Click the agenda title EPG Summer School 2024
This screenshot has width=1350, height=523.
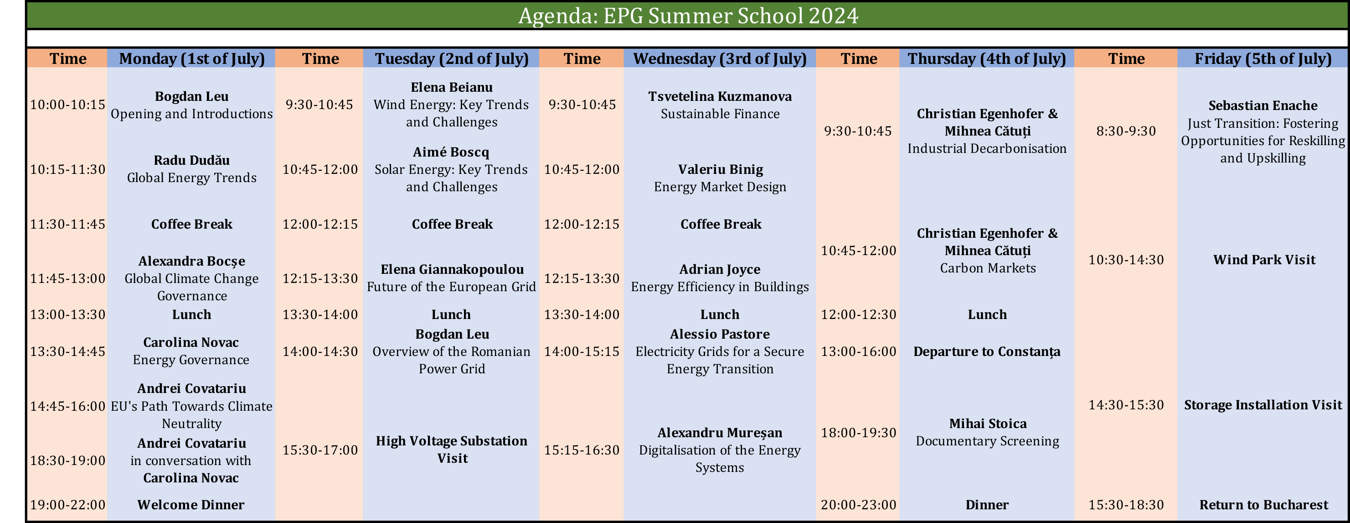[x=688, y=15]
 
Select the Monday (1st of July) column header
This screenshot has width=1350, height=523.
[x=192, y=58]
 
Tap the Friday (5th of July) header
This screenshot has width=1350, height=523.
[x=1263, y=58]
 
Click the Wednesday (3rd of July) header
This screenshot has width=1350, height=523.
[x=720, y=58]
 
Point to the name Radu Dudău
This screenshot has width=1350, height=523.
[x=192, y=160]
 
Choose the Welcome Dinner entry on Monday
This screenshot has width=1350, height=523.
[x=191, y=505]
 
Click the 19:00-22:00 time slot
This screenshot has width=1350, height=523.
[x=67, y=505]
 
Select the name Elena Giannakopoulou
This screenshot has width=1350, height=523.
[x=452, y=269]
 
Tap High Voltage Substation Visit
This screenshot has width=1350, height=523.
[x=452, y=450]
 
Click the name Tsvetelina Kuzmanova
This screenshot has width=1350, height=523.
[x=720, y=96]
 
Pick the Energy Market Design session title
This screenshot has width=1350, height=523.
[x=720, y=187]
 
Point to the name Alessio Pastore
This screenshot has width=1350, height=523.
[x=720, y=334]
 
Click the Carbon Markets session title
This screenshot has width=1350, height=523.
[x=988, y=268]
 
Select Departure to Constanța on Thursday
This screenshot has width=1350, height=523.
[x=987, y=351]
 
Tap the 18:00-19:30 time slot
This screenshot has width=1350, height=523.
[x=858, y=433]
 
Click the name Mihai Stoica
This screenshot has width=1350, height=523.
[x=988, y=424]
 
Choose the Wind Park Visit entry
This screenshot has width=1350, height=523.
[x=1264, y=260]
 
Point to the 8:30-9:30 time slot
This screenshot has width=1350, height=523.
[x=1126, y=131]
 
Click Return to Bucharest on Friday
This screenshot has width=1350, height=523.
[x=1263, y=505]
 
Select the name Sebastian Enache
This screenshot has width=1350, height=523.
[x=1263, y=105]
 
